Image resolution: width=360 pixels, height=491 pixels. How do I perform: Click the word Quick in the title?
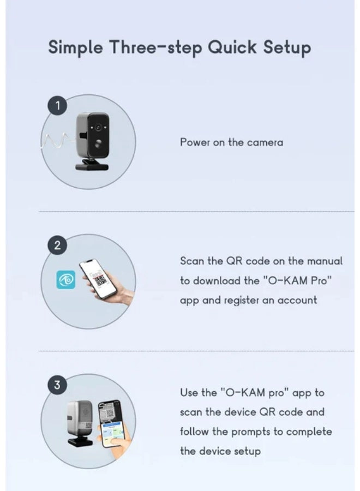[232, 47]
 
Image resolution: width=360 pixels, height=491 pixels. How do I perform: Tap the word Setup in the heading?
[287, 48]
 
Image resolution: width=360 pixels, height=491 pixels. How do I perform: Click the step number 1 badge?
[57, 106]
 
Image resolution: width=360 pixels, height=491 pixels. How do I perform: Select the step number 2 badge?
[57, 245]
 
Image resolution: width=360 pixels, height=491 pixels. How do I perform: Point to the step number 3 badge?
[57, 385]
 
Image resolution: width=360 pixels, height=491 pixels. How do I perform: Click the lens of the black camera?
[98, 128]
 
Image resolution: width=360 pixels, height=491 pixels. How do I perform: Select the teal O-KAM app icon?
[66, 280]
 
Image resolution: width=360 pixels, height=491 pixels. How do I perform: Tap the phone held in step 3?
[111, 423]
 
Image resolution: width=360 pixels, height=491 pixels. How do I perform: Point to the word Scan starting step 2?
[192, 261]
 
